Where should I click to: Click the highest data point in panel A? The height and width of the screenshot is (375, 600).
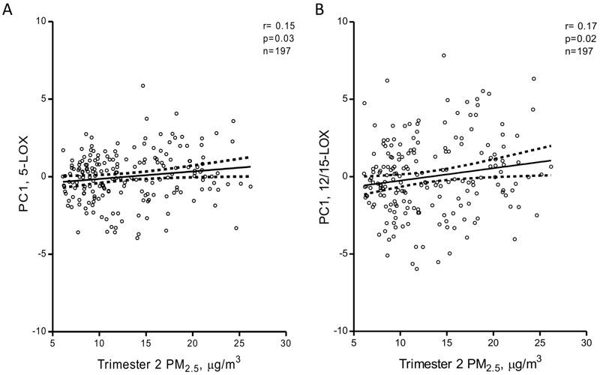142,85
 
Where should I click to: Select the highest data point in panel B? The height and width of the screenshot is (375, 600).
444,55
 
